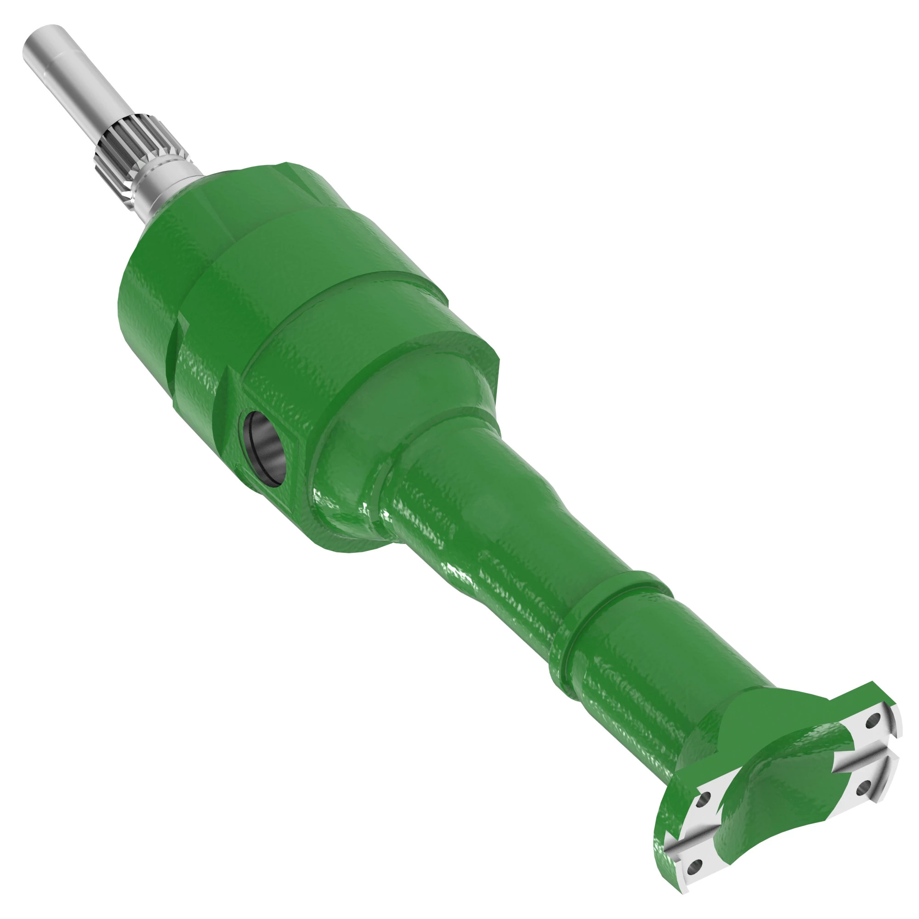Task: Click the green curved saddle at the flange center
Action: (x=785, y=780)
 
